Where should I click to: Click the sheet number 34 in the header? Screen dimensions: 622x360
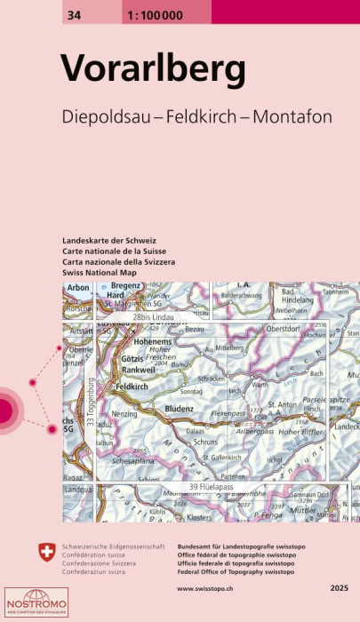click(x=70, y=12)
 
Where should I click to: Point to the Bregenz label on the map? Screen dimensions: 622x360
click(x=128, y=286)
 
